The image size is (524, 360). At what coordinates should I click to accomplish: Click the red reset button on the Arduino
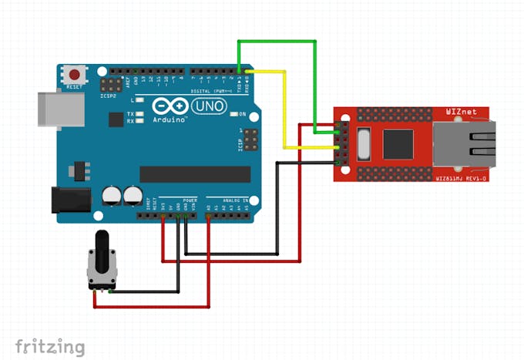click(75, 75)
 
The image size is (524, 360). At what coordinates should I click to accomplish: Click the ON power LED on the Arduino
click(233, 114)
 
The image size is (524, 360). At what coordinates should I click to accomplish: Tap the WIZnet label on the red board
click(461, 112)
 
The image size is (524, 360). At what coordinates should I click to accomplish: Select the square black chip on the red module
click(398, 143)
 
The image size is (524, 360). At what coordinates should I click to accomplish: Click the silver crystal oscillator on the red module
click(363, 144)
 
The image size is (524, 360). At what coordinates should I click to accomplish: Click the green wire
click(277, 42)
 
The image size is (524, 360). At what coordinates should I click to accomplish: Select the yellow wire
click(284, 108)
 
